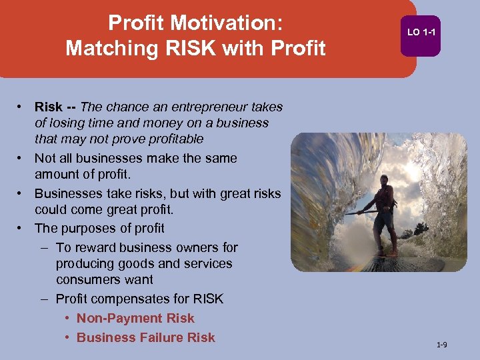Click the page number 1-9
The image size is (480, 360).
coord(441,345)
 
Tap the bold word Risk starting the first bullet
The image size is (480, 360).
coord(49,107)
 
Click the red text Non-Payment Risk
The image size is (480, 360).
coord(135,319)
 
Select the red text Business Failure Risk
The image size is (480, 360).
coord(146,338)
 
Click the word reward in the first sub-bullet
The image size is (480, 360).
coord(93,248)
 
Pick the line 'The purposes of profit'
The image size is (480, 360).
coord(99,228)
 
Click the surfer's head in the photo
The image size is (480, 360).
coord(383,181)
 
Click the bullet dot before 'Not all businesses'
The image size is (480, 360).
coord(21,159)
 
